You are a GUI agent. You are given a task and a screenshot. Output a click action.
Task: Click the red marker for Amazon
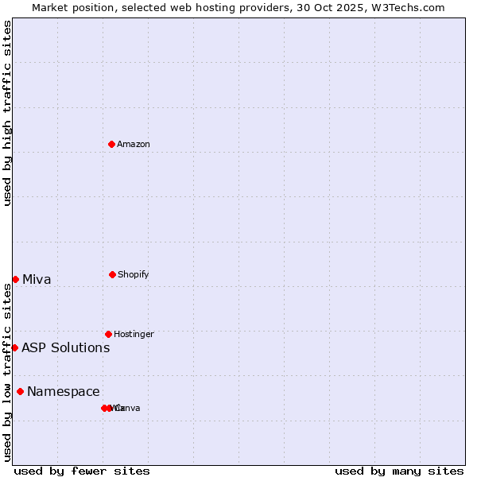(112, 144)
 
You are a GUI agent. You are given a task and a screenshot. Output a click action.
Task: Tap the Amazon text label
(134, 144)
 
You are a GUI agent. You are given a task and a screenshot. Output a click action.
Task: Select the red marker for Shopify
(112, 274)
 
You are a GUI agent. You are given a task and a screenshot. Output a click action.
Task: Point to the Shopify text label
(134, 274)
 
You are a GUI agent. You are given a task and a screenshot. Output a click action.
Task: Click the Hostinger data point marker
(108, 334)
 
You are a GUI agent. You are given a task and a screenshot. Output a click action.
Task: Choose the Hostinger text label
(134, 334)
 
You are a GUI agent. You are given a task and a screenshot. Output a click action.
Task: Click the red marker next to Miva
(15, 279)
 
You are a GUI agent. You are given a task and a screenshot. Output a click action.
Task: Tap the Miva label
(37, 279)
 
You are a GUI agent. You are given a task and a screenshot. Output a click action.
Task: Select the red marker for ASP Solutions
(14, 347)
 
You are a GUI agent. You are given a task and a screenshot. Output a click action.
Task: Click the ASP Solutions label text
(65, 347)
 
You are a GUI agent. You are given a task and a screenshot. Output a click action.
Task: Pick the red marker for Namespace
(20, 391)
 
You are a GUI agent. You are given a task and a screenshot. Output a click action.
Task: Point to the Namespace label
(64, 391)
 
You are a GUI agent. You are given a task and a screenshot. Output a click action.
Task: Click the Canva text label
(129, 408)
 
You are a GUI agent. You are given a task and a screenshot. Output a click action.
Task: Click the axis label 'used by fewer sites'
(82, 471)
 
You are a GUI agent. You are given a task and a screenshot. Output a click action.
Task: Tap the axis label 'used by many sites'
(399, 471)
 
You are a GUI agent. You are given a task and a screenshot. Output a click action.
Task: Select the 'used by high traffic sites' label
(7, 113)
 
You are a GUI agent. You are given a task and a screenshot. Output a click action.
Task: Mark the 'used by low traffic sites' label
(7, 372)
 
